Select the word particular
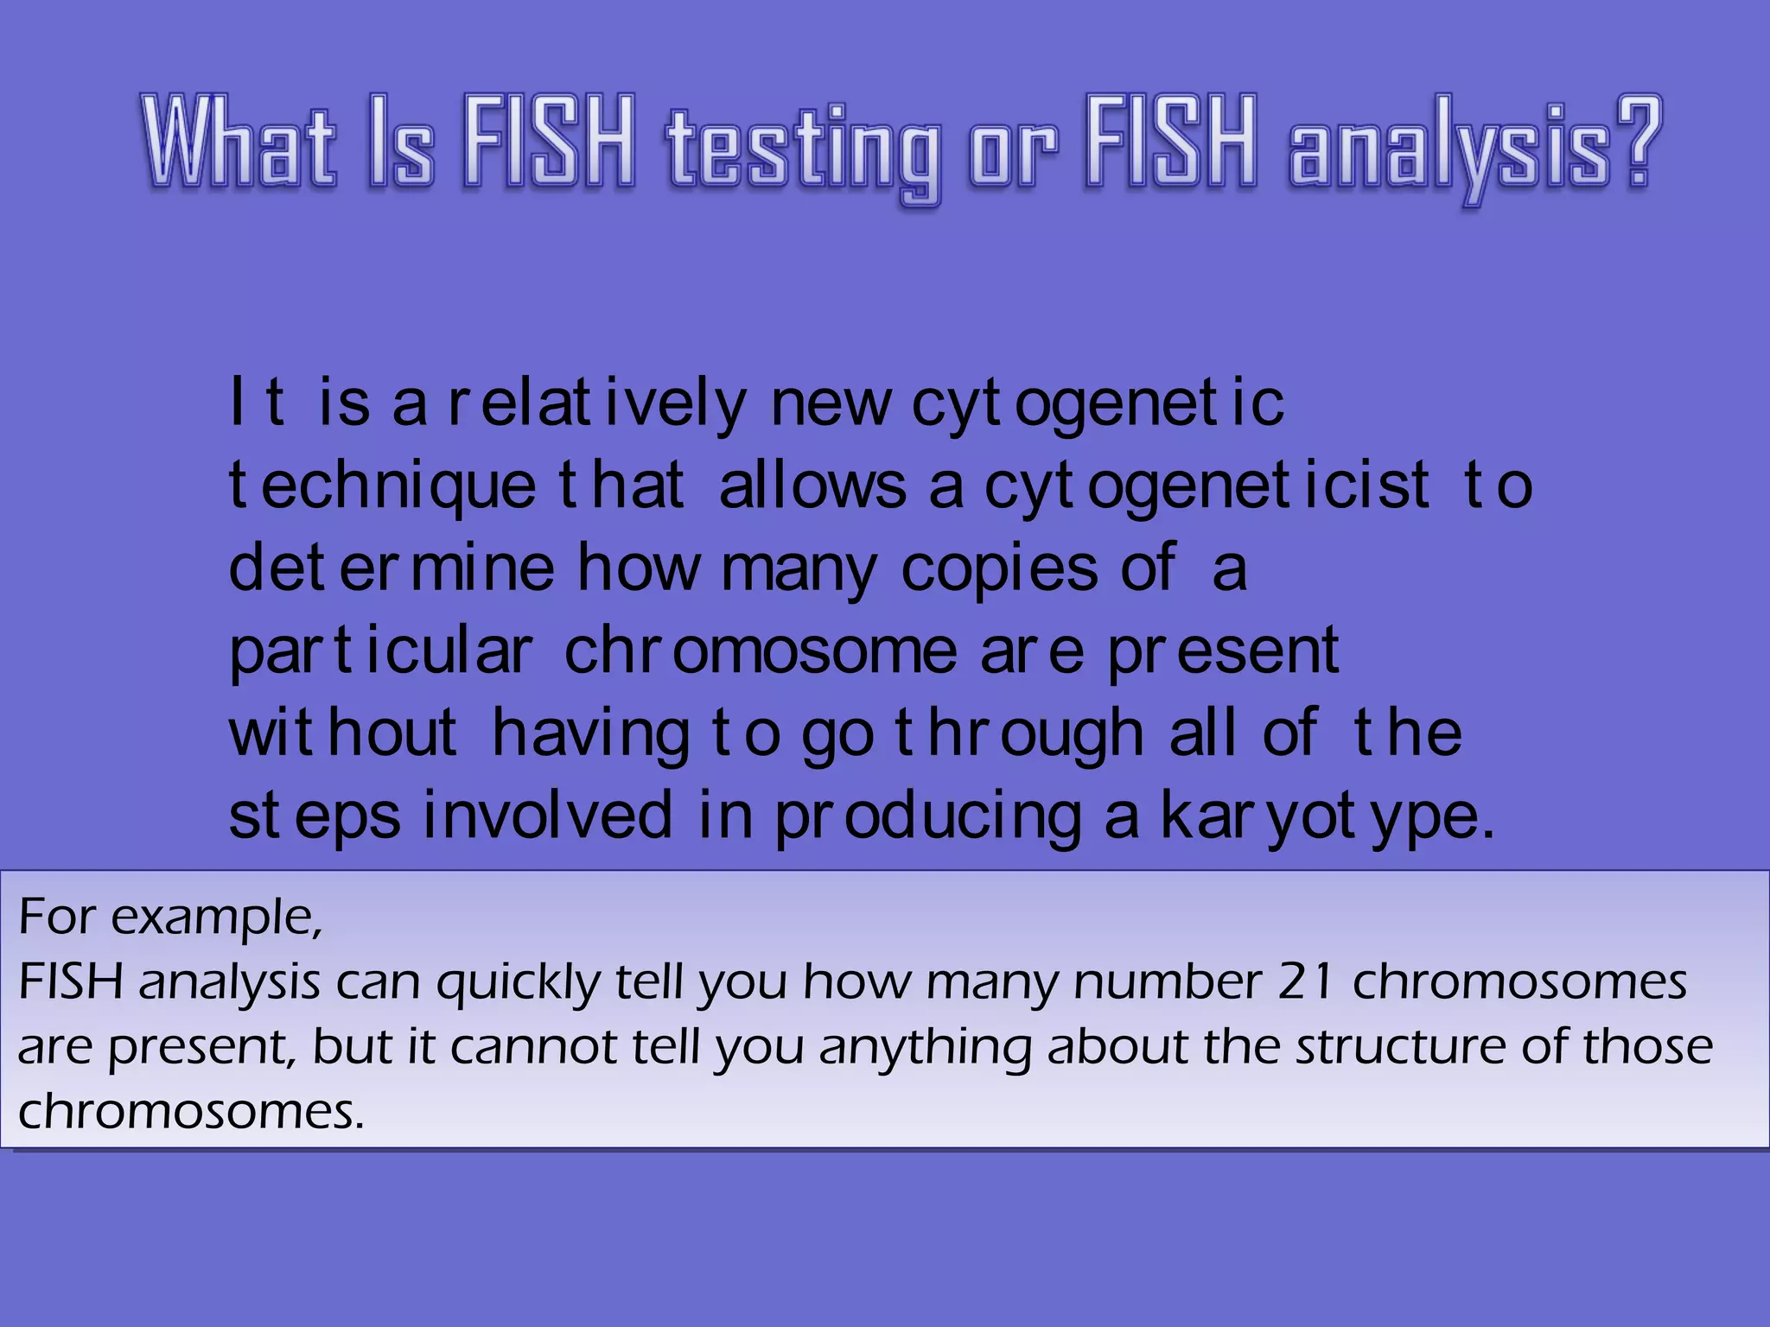pos(381,651)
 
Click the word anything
pos(925,1048)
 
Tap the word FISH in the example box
pos(71,981)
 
